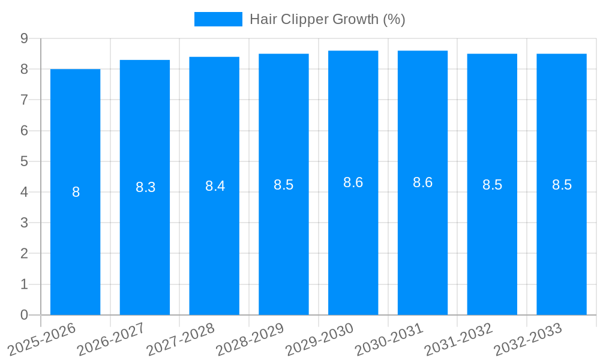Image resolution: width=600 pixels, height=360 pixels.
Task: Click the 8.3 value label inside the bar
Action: pos(145,187)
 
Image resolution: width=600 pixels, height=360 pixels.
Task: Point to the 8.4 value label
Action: pos(215,186)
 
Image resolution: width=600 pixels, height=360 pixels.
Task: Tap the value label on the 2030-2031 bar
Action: pos(422,182)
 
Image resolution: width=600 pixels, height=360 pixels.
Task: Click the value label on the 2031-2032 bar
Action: pos(492,185)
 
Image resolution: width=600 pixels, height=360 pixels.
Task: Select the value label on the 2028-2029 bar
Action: pos(283,185)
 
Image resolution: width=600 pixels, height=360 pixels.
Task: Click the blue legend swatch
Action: pos(218,19)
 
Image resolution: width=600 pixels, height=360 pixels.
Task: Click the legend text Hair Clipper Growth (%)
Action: pos(328,19)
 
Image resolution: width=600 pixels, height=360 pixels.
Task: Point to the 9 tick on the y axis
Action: pos(24,38)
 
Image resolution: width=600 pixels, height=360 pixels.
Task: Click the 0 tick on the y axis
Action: pos(24,315)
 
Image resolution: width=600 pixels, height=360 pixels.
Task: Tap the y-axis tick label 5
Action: pos(24,161)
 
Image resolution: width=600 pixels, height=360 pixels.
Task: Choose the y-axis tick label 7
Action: pos(24,100)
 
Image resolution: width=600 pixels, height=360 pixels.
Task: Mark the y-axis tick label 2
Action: pos(24,254)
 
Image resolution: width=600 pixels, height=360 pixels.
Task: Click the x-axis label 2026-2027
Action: pos(112,339)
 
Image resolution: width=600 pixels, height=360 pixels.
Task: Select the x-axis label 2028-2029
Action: pos(250,339)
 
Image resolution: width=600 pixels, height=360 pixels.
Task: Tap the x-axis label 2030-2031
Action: pos(389,339)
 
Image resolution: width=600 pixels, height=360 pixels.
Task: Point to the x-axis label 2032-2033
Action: pos(528,339)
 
